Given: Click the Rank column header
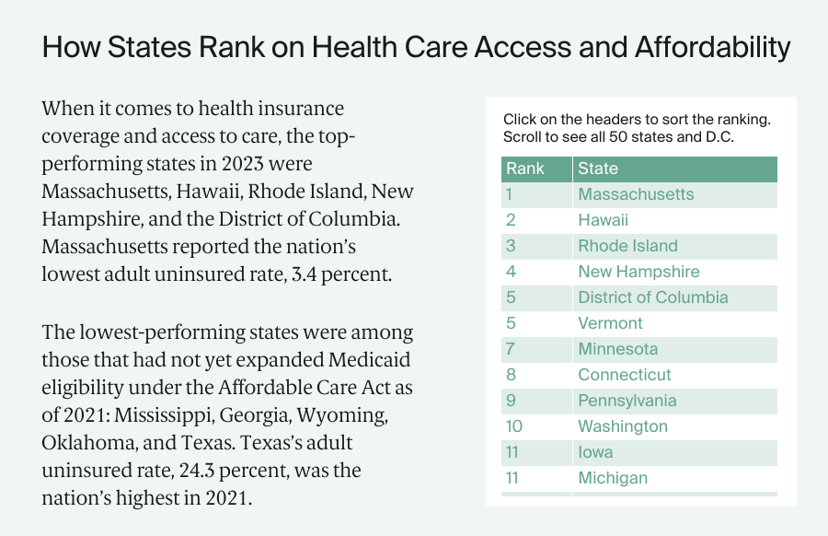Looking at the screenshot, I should coord(525,169).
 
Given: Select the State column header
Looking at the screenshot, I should coord(598,169).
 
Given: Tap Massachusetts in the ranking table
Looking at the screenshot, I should coord(636,194).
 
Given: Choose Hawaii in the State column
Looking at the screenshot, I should coord(603,220).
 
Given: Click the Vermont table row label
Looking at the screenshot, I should coord(610,323).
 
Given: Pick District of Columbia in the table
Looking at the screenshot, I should coord(652,297).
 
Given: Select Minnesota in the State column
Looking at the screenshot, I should coord(617,349).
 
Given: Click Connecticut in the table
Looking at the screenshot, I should coord(625,375).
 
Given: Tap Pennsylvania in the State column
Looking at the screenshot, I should coord(627,401).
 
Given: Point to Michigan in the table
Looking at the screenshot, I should coord(613,478).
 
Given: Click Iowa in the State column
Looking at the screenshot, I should coord(595,452).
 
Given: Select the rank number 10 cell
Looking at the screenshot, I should coord(513,426).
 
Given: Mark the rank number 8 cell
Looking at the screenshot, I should coord(511,375).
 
